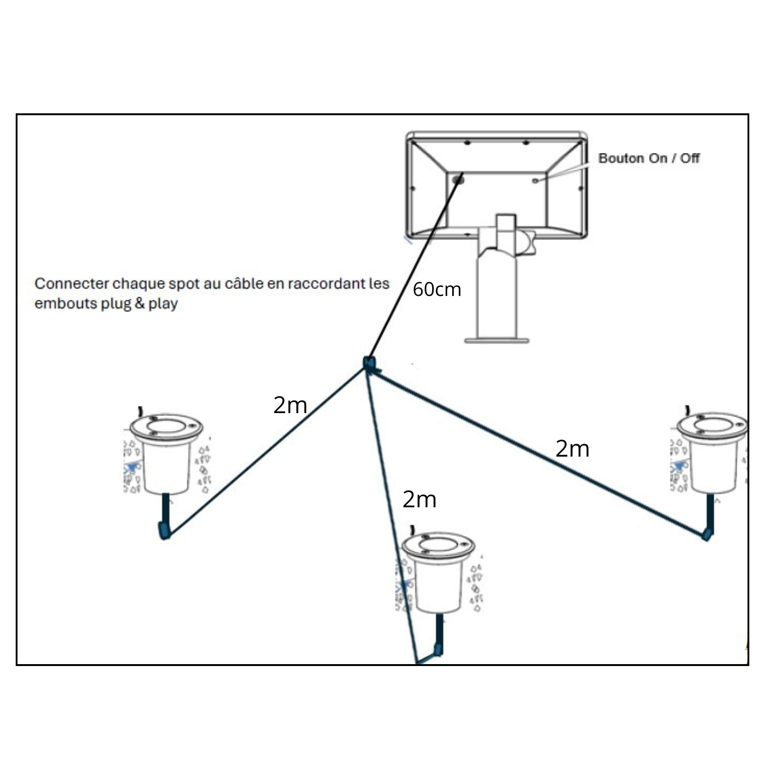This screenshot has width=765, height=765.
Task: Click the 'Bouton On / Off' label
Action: pos(648,158)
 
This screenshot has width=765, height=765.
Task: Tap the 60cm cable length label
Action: pos(437,290)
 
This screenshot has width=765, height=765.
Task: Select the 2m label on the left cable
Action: pos(290,405)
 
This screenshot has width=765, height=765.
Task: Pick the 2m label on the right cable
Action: pos(572,449)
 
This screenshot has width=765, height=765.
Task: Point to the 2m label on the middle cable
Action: pos(419,500)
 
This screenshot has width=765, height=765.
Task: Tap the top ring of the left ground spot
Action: pos(166,426)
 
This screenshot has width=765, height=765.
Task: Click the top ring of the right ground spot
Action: pos(712,425)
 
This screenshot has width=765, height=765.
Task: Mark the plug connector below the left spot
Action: pos(164,531)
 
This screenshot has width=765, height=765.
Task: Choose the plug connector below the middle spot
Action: pos(437,650)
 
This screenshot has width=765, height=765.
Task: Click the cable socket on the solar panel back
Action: pos(458,180)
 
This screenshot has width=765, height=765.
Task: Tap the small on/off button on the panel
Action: pos(535,180)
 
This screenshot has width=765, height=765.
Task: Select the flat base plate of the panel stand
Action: pos(496,340)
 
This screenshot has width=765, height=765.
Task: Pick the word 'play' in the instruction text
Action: pos(163,304)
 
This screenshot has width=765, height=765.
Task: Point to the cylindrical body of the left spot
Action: pos(166,466)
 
